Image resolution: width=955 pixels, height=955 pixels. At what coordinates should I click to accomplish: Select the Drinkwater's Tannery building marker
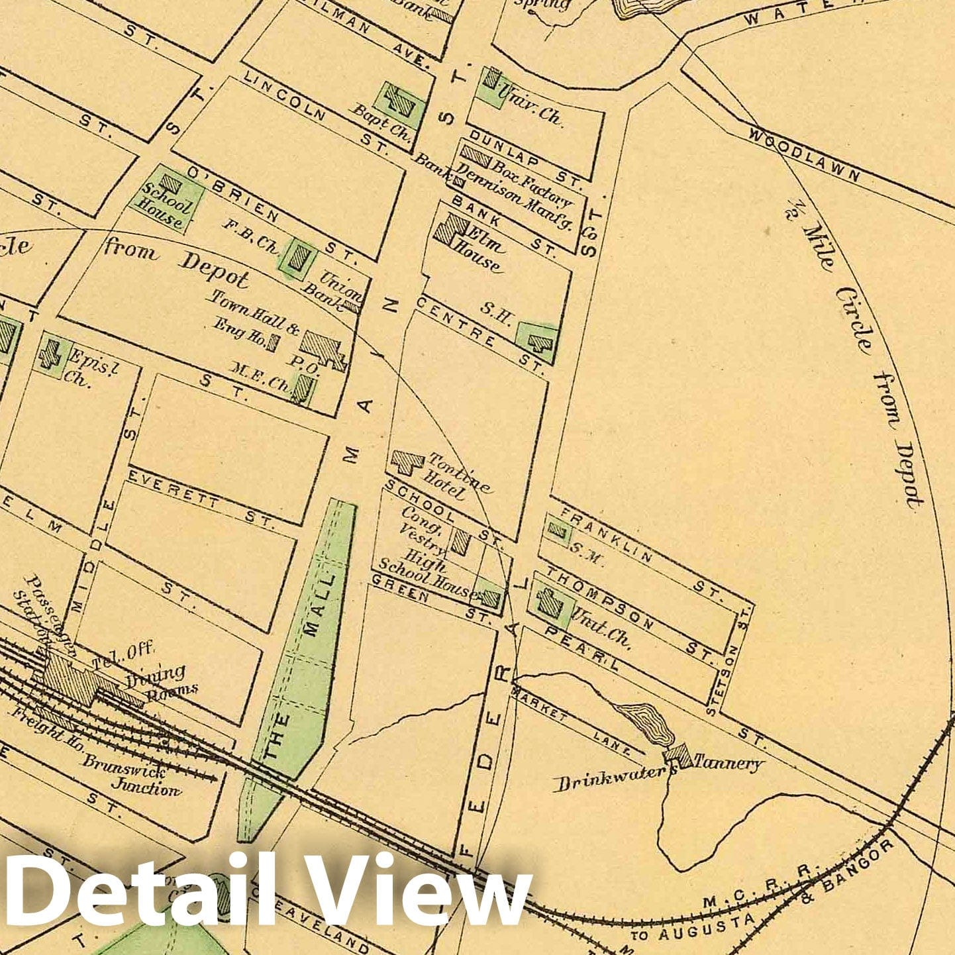pyautogui.click(x=677, y=755)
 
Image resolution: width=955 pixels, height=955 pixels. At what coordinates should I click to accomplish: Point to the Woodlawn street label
pyautogui.click(x=805, y=154)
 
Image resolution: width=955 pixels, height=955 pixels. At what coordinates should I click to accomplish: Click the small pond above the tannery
pyautogui.click(x=645, y=722)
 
